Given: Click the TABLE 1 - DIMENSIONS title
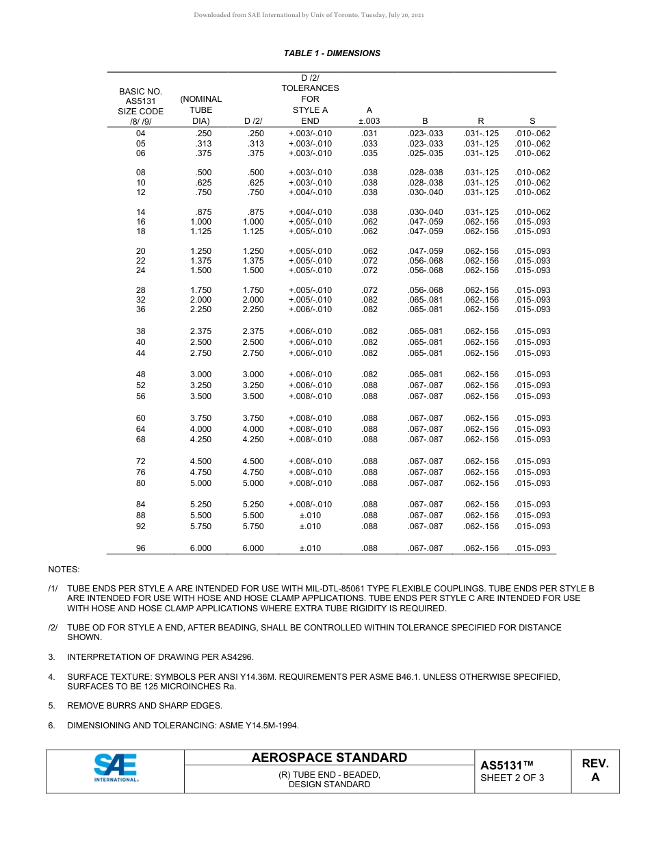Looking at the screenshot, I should (332, 53).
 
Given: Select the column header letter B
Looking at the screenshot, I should (425, 121).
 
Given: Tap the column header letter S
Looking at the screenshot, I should (532, 121).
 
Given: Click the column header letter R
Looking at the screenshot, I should (481, 121).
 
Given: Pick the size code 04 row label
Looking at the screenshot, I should (141, 133).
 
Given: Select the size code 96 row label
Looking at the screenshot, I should (141, 548).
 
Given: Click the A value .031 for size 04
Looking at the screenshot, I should (369, 133).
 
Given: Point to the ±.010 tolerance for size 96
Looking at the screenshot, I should (310, 548).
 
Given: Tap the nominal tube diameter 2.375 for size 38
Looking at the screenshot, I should (200, 331).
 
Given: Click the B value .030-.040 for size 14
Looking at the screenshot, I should (425, 212).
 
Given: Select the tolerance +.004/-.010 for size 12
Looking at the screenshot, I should (310, 192).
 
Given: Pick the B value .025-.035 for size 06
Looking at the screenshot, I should (425, 153).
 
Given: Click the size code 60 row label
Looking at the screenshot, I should (141, 418).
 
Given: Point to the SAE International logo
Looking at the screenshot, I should (116, 768).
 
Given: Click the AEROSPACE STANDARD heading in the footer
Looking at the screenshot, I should (329, 758).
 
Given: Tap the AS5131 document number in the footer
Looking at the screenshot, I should (506, 765).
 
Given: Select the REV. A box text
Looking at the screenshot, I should (595, 770).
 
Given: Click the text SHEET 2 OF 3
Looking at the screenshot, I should (512, 778).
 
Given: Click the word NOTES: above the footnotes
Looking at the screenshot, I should (64, 570).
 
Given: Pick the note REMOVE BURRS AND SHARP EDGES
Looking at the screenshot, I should (144, 706).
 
